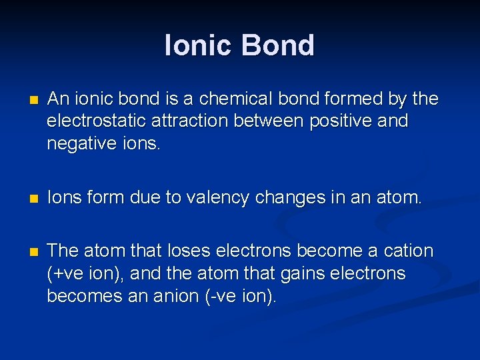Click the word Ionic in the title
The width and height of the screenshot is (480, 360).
[199, 45]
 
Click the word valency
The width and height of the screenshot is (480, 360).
[221, 198]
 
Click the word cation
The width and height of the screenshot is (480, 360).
[407, 251]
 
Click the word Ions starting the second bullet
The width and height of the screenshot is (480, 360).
[64, 198]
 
